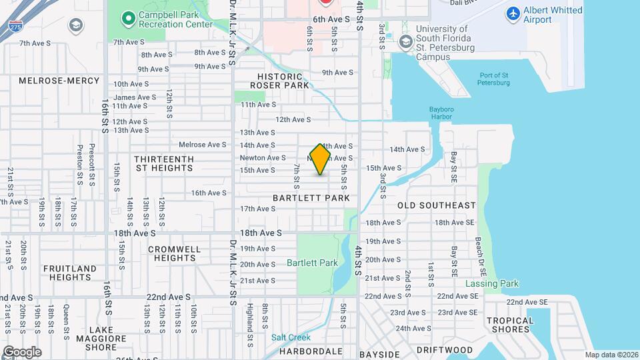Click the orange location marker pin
(321, 159)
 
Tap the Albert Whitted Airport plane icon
(513, 13)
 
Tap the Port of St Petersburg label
(493, 78)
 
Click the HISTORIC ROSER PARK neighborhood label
(279, 81)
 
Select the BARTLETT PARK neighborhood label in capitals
(311, 198)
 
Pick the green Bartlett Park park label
(312, 263)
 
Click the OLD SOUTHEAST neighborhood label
(437, 205)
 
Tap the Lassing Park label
(491, 283)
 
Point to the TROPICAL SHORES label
(510, 325)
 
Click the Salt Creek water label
(291, 337)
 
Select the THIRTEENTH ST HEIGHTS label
(163, 163)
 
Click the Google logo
(21, 351)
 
